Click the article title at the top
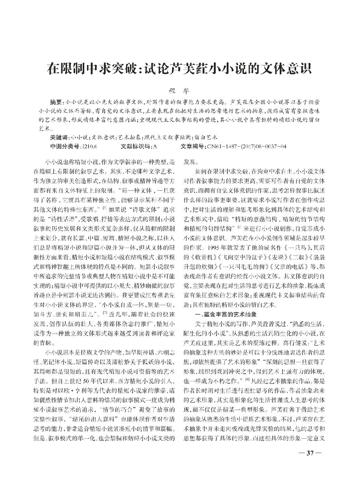(180, 68)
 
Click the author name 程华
(180, 89)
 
